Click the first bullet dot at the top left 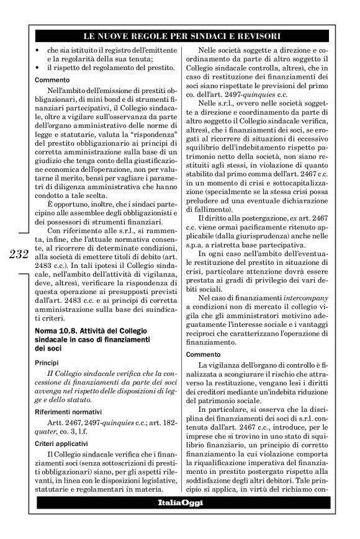point(39,49)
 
